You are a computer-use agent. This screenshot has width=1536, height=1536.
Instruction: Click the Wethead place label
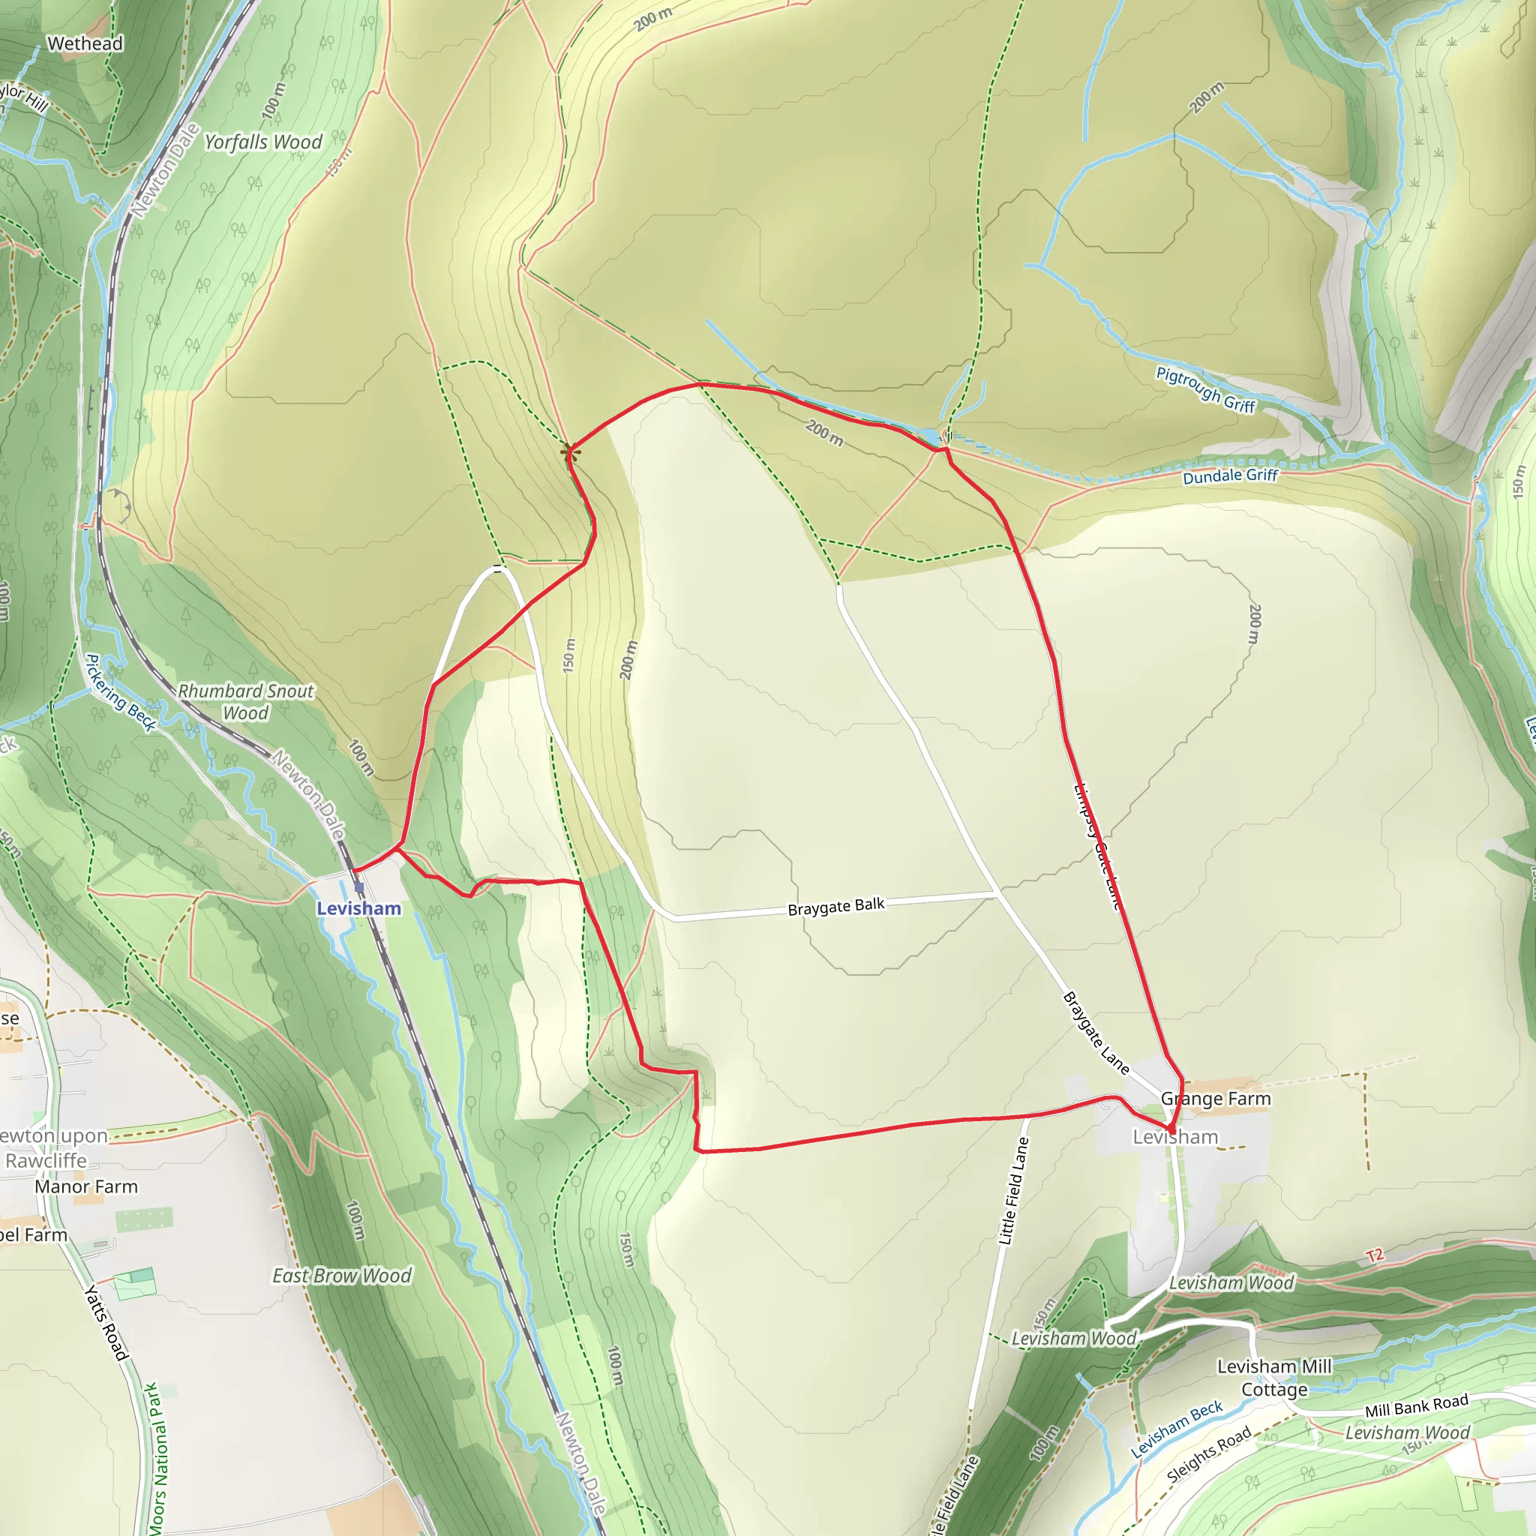point(85,43)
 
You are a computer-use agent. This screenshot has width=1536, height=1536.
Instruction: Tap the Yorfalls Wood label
point(263,142)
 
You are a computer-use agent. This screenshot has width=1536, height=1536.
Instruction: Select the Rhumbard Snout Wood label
point(246,702)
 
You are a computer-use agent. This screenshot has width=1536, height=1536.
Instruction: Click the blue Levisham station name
point(358,909)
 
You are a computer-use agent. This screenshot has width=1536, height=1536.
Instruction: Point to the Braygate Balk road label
point(835,906)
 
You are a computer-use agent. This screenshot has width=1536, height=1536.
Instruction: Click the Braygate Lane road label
point(1096,1033)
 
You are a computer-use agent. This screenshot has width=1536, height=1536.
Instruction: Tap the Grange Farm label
point(1216,1099)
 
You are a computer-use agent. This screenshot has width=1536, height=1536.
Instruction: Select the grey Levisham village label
point(1175,1138)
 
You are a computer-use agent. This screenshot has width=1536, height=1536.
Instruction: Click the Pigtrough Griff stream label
point(1205,389)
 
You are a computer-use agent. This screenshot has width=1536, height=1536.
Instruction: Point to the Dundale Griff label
point(1230,476)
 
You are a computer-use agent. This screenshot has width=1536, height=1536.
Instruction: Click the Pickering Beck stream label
point(121,692)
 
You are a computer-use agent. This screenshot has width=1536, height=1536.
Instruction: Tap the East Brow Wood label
point(342,1276)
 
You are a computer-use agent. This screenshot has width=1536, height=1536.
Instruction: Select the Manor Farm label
point(85,1187)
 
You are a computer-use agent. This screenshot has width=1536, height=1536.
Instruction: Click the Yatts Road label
point(107,1321)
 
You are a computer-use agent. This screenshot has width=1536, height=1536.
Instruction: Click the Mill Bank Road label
point(1416,1405)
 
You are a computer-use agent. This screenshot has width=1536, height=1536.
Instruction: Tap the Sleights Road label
point(1208,1454)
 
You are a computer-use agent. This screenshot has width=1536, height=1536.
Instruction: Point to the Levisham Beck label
point(1177,1429)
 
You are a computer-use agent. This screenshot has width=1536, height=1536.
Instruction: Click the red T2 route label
point(1375,1256)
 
